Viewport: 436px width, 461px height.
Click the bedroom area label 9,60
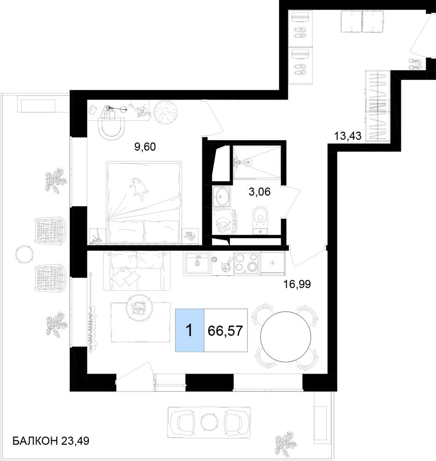[x=145, y=147]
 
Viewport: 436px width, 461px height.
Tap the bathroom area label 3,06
[x=259, y=192]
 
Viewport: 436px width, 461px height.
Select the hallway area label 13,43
[x=348, y=136]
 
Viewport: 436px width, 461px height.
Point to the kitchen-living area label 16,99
[x=297, y=284]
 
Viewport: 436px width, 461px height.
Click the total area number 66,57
[x=225, y=331]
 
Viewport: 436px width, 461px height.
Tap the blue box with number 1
[x=189, y=330]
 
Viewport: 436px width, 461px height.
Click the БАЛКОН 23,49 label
[x=51, y=441]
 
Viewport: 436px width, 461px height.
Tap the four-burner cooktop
[x=247, y=263]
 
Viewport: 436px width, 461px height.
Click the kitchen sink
[x=197, y=263]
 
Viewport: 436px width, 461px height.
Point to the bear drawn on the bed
[x=138, y=189]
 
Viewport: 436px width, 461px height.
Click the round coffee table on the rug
[x=139, y=307]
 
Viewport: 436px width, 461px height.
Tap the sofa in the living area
[x=137, y=271]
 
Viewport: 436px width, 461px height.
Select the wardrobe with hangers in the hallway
[x=377, y=106]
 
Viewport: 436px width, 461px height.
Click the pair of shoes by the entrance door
[x=415, y=64]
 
